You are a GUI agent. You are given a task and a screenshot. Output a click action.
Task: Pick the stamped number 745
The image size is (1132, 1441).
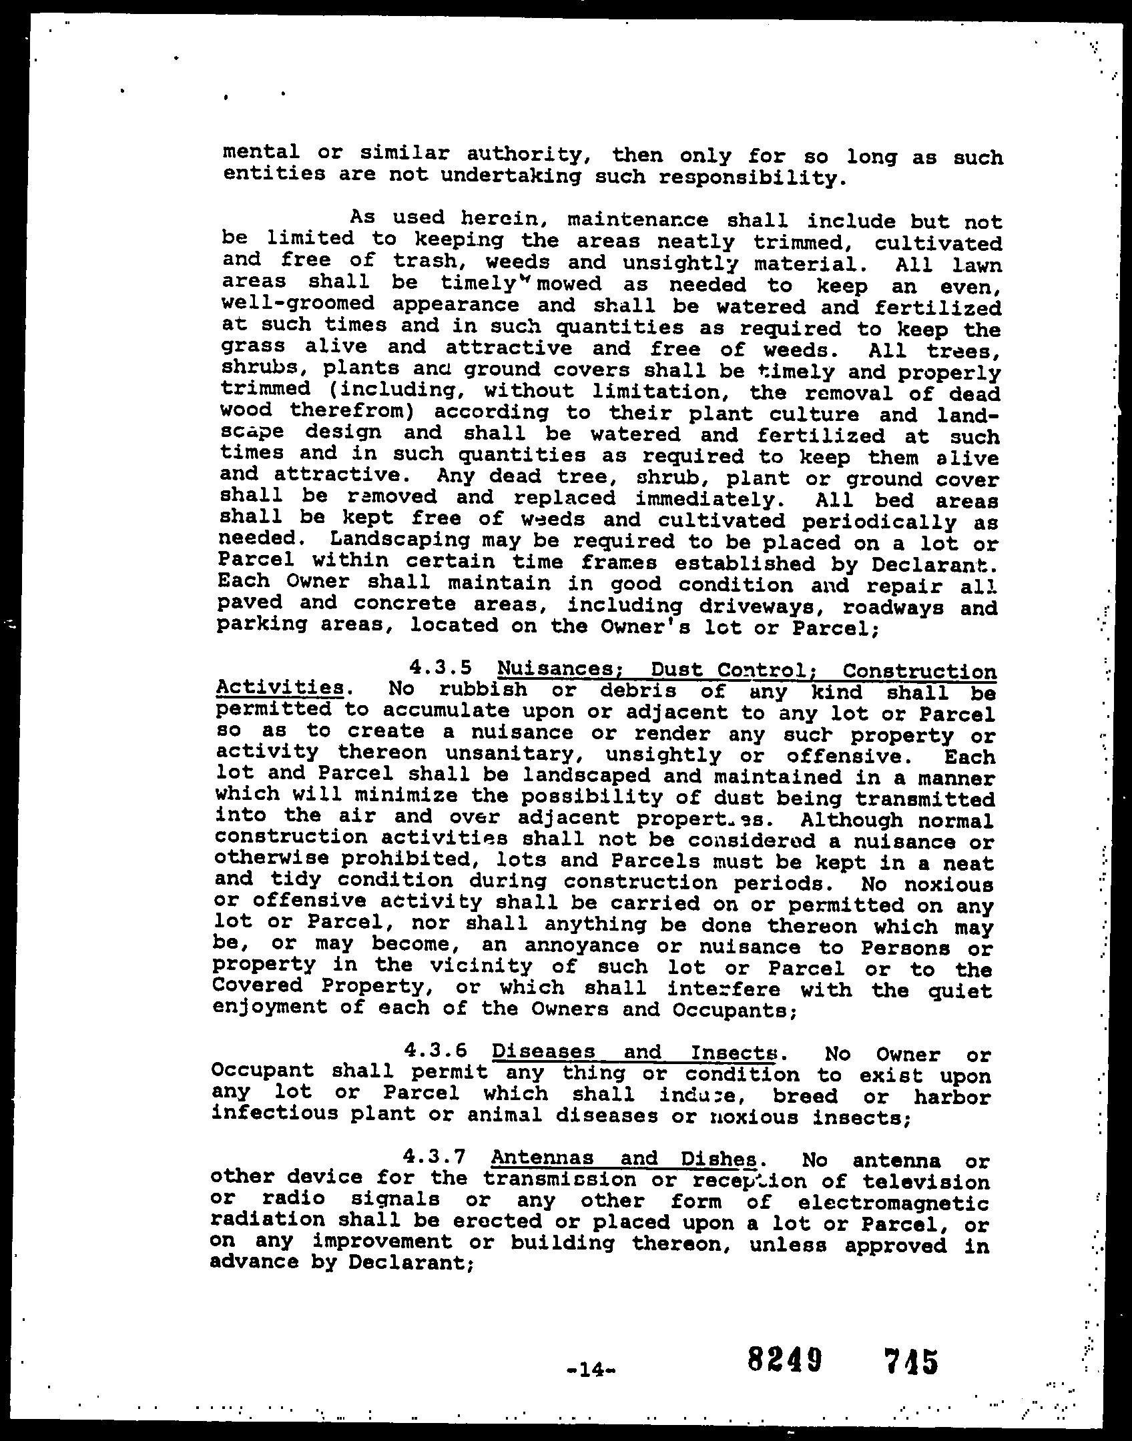point(910,1361)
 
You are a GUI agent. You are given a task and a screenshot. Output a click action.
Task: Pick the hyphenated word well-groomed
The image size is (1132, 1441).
point(298,304)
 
